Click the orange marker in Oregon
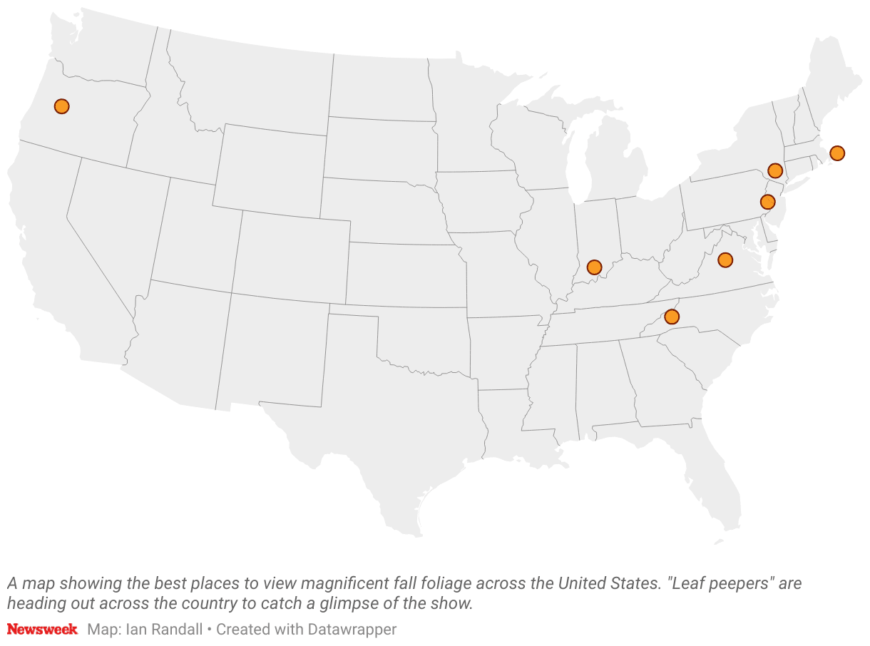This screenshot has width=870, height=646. coord(62,106)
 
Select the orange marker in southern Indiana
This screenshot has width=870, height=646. coord(594,267)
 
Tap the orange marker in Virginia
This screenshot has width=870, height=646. coord(725,260)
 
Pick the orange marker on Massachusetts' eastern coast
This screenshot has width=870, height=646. coord(837,153)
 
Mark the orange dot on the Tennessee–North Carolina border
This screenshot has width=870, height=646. coord(671,316)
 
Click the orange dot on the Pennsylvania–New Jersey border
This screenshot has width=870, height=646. coord(767,202)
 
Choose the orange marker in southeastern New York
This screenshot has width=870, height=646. coord(775,170)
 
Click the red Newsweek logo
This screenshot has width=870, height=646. coord(42,630)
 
